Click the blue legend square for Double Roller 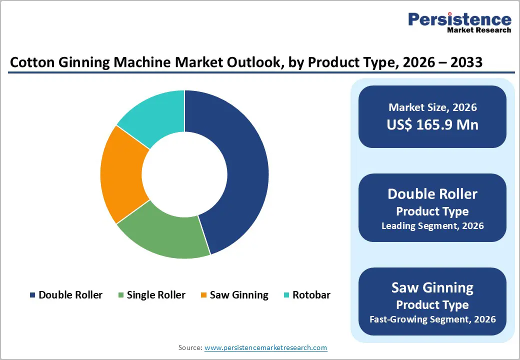pos(33,295)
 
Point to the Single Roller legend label pos(156,295)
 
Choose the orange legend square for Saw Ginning pos(203,295)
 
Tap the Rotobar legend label pos(311,295)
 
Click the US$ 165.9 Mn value pos(432,124)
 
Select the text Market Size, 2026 pos(432,107)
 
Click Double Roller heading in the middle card pos(432,194)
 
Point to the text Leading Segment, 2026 pos(432,225)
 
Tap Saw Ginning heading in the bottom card pos(432,287)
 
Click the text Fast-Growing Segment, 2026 pos(432,319)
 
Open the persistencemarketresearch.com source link pos(266,347)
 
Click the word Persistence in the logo pos(460,19)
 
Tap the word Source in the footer pos(189,347)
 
